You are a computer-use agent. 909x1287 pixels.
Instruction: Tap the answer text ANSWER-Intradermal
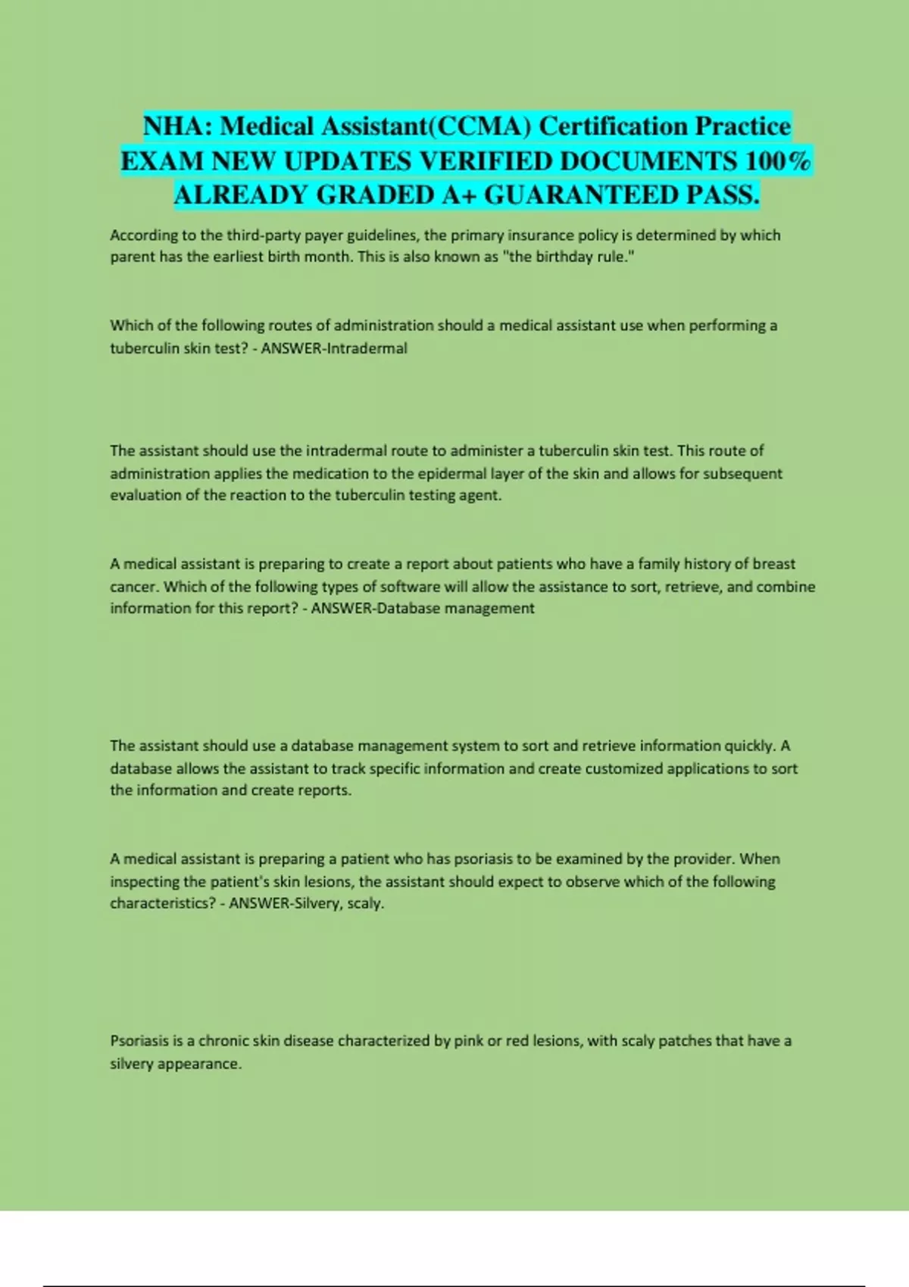(x=334, y=348)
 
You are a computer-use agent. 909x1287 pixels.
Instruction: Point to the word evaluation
(x=146, y=496)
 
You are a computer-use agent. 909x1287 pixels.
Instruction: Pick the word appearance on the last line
(x=207, y=1064)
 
